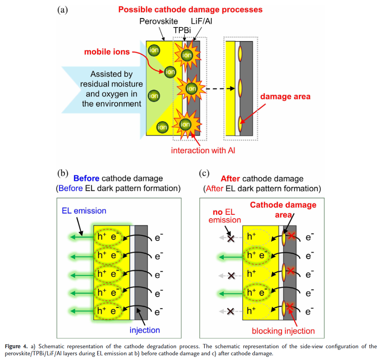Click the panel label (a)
(x=63, y=10)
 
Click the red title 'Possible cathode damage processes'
(x=190, y=9)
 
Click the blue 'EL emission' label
(x=84, y=211)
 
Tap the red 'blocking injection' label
(x=283, y=331)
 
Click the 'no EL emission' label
(x=225, y=216)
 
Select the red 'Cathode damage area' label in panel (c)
(x=283, y=209)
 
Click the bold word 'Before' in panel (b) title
(x=86, y=178)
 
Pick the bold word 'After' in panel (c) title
(x=230, y=179)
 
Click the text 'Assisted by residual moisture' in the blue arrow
(x=111, y=79)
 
